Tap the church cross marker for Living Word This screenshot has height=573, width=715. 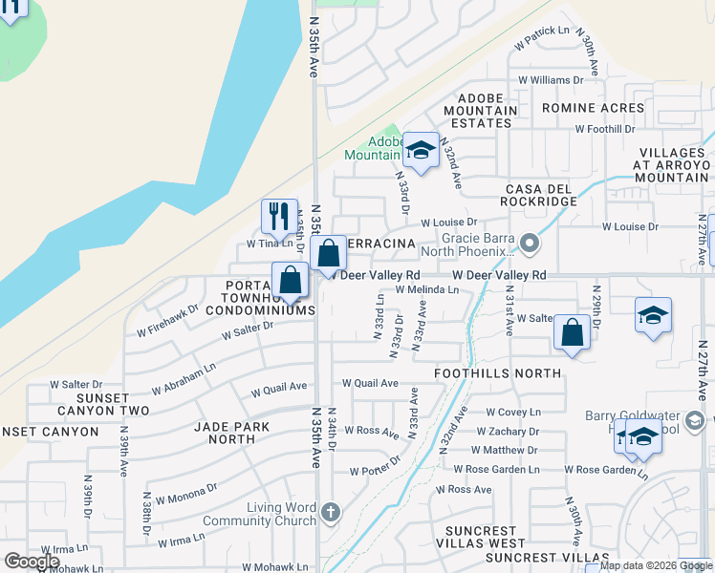coord(330,512)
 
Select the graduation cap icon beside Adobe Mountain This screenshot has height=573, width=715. coord(420,149)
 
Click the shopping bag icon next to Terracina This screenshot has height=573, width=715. coord(328,254)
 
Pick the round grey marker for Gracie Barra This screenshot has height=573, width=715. coord(529,245)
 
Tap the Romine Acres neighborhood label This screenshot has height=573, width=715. coord(593,109)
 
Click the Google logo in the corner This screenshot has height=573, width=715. coord(32,562)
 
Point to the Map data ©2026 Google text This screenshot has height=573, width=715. coord(655,565)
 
